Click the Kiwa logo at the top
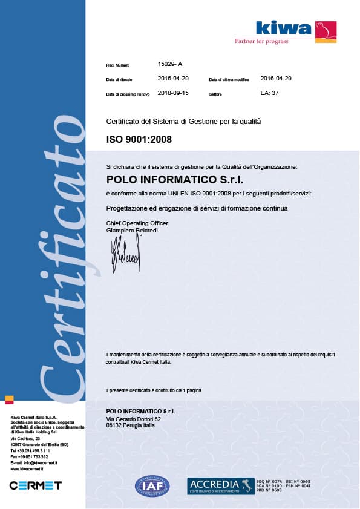pyautogui.click(x=295, y=29)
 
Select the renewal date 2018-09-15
pyautogui.click(x=173, y=93)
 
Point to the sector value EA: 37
pyautogui.click(x=269, y=93)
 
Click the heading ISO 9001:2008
pyautogui.click(x=139, y=139)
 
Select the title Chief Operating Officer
pyautogui.click(x=137, y=223)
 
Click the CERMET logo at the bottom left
pyautogui.click(x=36, y=485)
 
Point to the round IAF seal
pyautogui.click(x=152, y=485)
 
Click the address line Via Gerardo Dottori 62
pyautogui.click(x=134, y=419)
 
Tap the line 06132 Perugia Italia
pyautogui.click(x=130, y=425)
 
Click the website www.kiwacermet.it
pyautogui.click(x=30, y=469)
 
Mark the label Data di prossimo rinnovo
pyautogui.click(x=128, y=94)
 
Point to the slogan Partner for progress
pyautogui.click(x=261, y=41)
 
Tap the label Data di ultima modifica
pyautogui.click(x=229, y=80)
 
